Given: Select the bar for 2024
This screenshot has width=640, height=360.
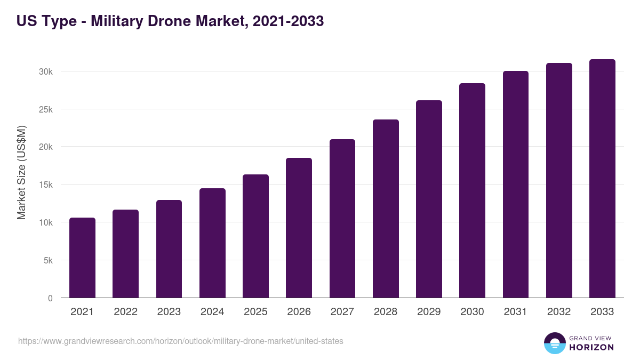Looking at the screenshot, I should (x=212, y=243).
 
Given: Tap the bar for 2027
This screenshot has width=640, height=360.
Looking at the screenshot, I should (x=342, y=219).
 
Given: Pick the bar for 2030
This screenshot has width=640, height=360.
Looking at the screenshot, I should (x=472, y=190).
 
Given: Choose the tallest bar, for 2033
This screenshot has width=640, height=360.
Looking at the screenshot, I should (x=602, y=179).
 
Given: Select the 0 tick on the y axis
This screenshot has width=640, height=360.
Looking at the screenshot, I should (x=50, y=298).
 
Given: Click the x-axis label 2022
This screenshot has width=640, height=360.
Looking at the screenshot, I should (x=125, y=312).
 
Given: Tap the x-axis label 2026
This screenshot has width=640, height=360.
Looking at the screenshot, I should (x=299, y=312).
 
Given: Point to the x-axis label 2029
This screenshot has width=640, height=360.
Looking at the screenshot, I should (x=429, y=312).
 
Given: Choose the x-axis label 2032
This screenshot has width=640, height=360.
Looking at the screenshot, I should (x=559, y=312).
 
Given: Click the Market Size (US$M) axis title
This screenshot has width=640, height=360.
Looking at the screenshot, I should (x=21, y=172).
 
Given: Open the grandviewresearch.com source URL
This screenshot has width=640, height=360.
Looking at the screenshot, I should (x=181, y=341).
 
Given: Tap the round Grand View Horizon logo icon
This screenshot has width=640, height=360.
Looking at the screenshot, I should (x=554, y=343).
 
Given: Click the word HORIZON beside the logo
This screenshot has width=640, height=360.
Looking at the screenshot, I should (x=591, y=347).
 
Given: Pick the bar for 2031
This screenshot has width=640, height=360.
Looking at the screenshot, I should (x=516, y=185).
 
